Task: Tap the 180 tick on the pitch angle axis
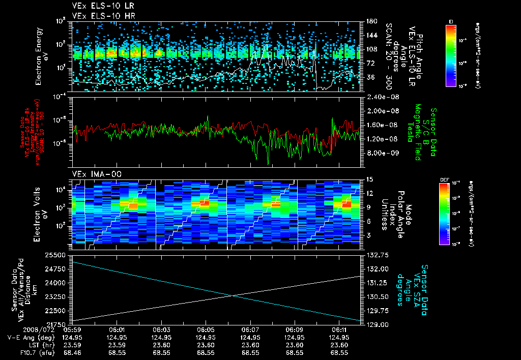[370, 21]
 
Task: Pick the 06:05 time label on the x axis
[205, 330]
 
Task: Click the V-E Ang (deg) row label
[30, 338]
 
